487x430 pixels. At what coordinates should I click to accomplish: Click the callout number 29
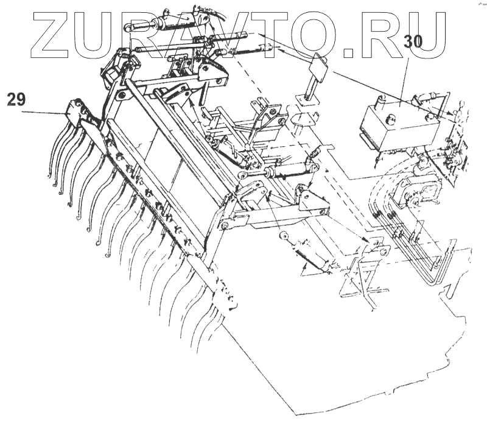16,99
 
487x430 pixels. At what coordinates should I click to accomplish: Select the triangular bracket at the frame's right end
310,202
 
